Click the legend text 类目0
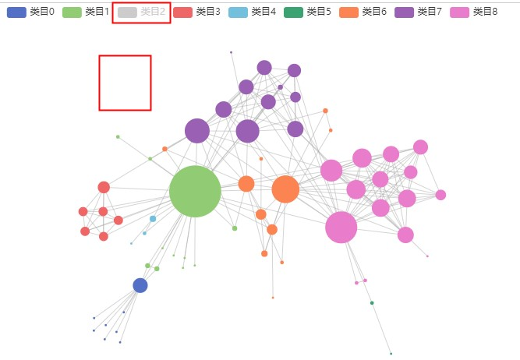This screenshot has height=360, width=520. click(42, 12)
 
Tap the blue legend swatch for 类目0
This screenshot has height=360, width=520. click(16, 12)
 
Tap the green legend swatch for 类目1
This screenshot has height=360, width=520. click(72, 12)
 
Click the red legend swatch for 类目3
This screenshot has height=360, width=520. click(182, 12)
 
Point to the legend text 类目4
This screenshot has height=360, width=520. click(264, 12)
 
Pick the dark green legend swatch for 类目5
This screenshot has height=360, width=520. click(293, 12)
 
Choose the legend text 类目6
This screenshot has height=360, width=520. click(374, 12)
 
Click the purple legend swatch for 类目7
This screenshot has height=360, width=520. click(404, 12)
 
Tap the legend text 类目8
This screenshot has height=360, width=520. click(485, 12)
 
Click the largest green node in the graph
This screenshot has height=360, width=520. click(195, 191)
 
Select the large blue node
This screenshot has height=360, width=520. click(140, 285)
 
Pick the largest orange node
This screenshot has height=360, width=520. click(285, 189)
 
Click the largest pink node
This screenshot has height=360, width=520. click(341, 228)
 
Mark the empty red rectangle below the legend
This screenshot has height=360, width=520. click(125, 83)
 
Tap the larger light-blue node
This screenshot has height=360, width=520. click(153, 219)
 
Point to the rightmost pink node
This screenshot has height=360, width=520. click(440, 195)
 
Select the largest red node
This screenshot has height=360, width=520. click(104, 187)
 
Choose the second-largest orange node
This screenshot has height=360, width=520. click(246, 184)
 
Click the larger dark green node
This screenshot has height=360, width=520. click(372, 303)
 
